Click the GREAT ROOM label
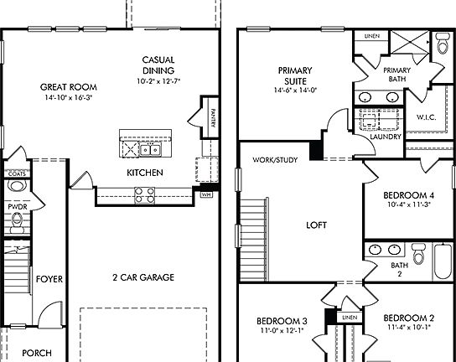(67, 86)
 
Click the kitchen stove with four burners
(144, 195)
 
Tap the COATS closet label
(17, 173)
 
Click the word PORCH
(36, 353)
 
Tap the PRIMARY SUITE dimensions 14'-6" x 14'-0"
(295, 90)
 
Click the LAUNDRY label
(384, 136)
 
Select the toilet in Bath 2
(419, 253)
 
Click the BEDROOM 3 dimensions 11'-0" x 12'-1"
(282, 331)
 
